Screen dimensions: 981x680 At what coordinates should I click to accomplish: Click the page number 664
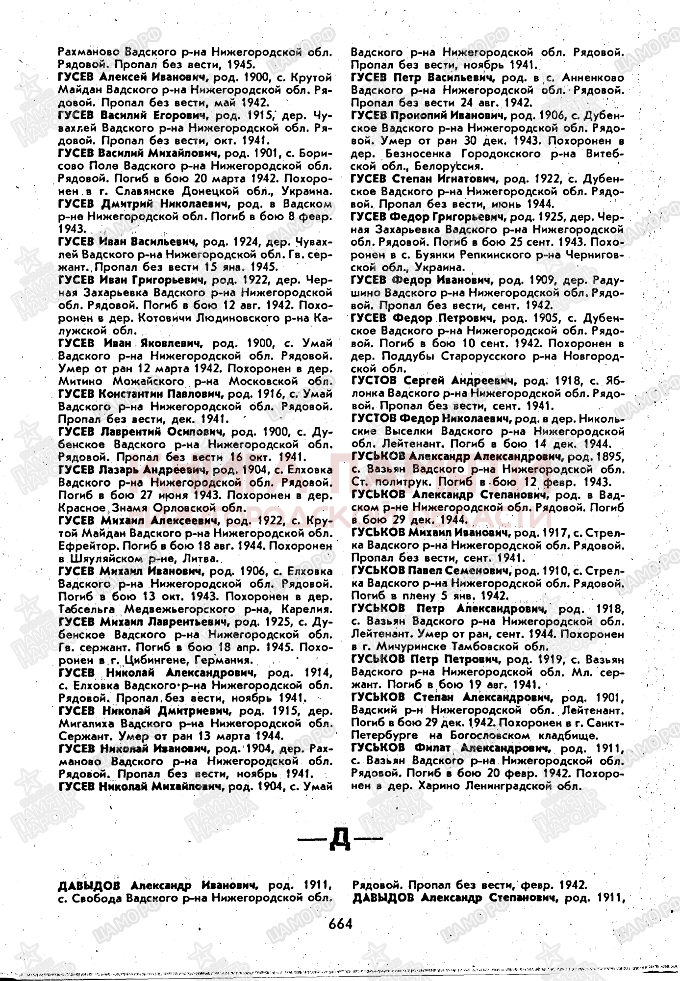point(340,923)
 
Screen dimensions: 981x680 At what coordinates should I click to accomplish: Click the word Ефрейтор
point(80,545)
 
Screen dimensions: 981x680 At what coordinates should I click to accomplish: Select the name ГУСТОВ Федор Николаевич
point(431,419)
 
